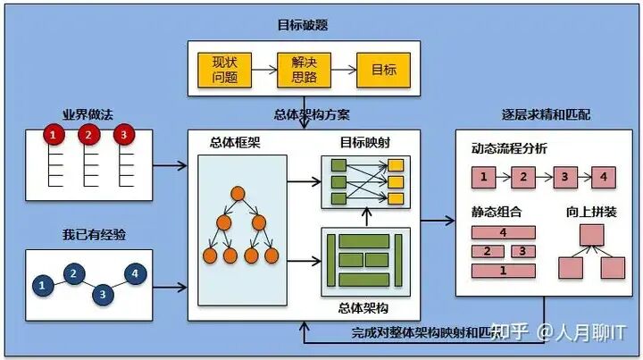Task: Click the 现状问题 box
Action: (x=223, y=70)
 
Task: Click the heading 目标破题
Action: (x=304, y=23)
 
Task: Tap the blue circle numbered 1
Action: (x=41, y=285)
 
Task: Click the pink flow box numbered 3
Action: (x=564, y=176)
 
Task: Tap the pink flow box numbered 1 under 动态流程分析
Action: (x=483, y=176)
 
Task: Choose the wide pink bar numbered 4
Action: (x=504, y=233)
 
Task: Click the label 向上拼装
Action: (x=590, y=212)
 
